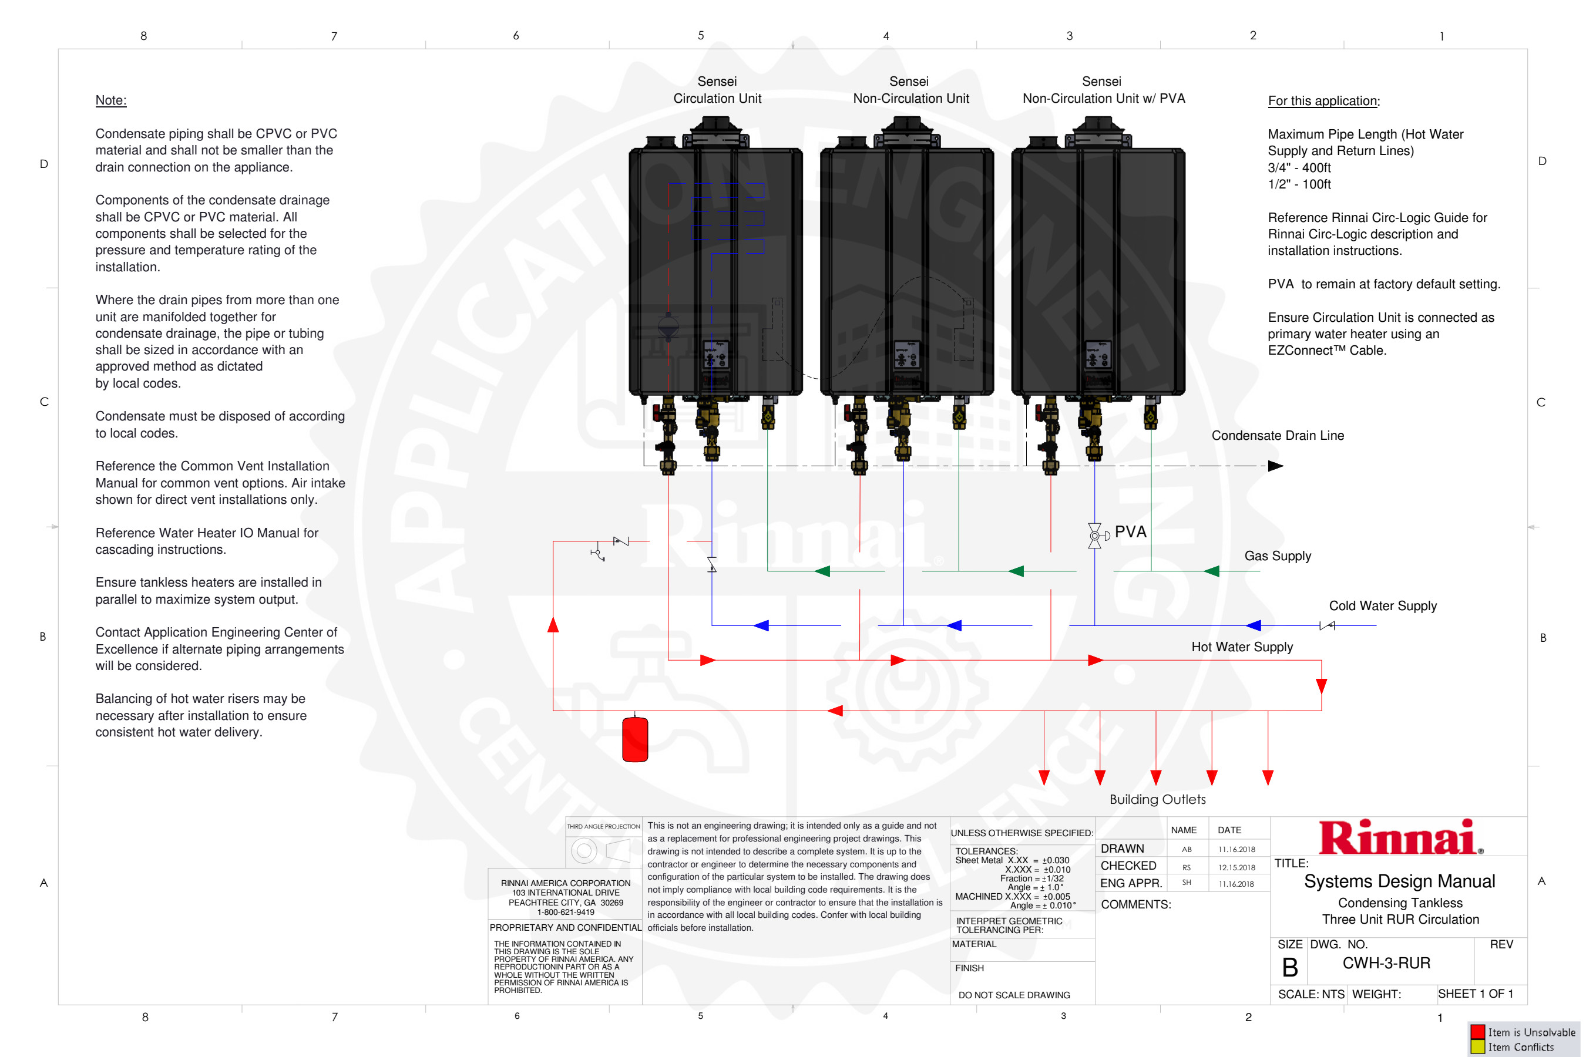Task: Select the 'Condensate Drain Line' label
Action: click(1281, 437)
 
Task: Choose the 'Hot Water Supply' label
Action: click(1245, 648)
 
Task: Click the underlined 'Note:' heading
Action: click(111, 100)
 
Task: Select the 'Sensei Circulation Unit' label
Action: click(719, 90)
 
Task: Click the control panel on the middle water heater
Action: click(908, 356)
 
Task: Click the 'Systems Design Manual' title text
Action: click(1403, 884)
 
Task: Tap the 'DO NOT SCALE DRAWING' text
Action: click(1017, 997)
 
